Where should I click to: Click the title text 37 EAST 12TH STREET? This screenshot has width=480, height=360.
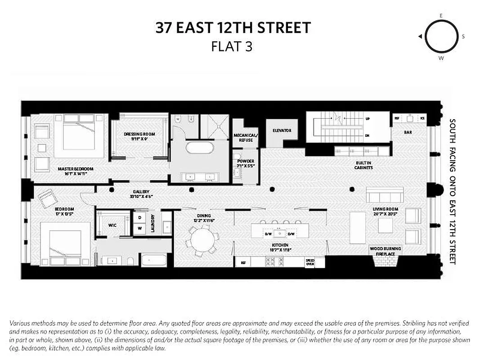[233, 28]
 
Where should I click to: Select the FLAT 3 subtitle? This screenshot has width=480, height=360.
[232, 46]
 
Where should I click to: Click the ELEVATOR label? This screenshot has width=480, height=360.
[282, 131]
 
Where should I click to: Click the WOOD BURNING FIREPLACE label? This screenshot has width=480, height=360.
[386, 251]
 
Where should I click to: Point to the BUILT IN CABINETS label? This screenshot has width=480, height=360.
[363, 165]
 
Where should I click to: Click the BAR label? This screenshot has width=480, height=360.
[408, 133]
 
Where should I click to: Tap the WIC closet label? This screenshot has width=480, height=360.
[112, 225]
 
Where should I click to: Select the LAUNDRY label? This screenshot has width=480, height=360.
[153, 223]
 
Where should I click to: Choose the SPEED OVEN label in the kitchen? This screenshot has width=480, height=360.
[310, 262]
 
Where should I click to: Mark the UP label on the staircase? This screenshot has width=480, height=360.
[367, 119]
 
